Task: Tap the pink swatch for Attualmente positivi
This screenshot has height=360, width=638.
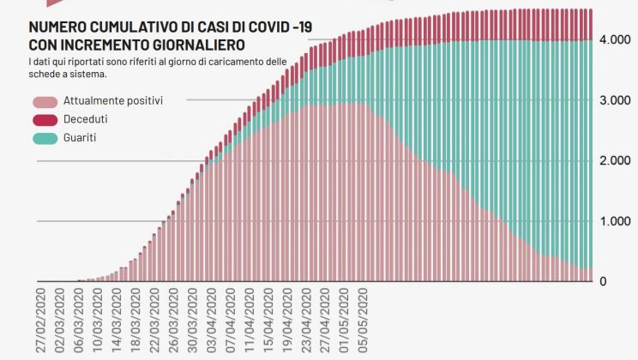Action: (44, 101)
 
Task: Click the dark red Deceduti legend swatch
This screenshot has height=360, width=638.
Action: (44, 119)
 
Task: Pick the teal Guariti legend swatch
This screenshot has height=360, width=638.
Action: (44, 137)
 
